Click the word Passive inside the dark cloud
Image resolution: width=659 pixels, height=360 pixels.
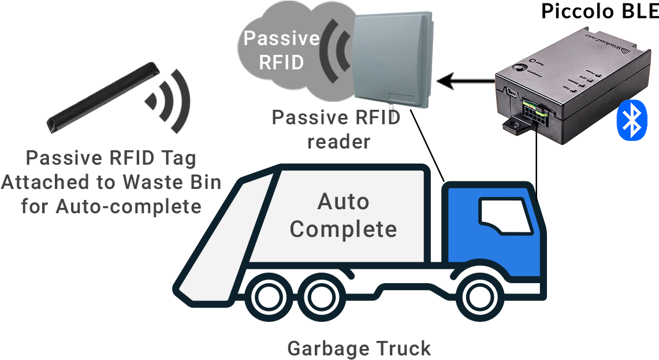click(281, 39)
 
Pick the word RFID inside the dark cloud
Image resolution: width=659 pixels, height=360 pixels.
click(281, 62)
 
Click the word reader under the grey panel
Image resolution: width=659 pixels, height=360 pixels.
click(338, 141)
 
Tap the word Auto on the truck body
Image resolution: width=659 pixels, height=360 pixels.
click(343, 202)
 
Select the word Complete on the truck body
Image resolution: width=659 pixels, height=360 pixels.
click(343, 229)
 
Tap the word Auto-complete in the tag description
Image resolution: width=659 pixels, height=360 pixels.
click(128, 206)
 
